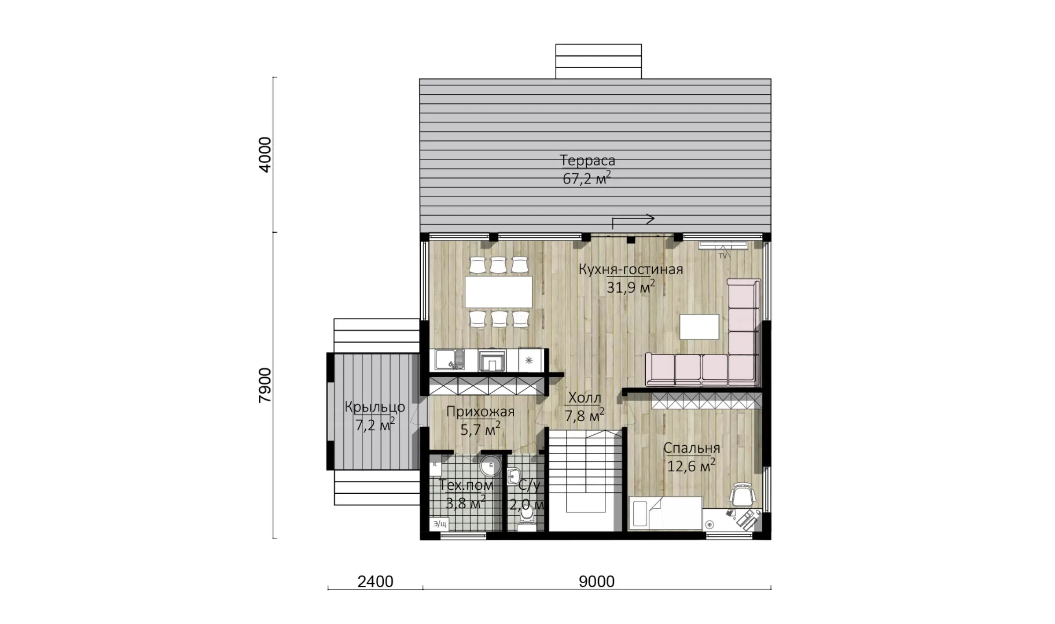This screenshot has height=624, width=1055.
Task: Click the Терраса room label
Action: point(587,161)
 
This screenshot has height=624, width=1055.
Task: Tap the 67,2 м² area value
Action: point(587,178)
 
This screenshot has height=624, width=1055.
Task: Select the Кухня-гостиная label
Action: point(631,269)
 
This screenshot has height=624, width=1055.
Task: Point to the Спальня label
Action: point(691,448)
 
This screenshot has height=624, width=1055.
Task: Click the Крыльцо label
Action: point(375,407)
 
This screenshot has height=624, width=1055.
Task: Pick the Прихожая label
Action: point(480,411)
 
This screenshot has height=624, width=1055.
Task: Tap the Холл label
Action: point(584,398)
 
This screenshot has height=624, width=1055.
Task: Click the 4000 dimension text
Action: point(265,154)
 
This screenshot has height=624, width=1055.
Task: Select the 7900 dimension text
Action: point(265,385)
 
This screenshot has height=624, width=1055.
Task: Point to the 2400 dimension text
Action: point(375,582)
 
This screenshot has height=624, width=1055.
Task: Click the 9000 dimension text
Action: point(596,582)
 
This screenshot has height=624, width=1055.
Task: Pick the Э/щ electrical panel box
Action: point(439,524)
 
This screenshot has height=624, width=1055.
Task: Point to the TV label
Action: point(723,256)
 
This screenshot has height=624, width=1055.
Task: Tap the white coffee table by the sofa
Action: point(699,327)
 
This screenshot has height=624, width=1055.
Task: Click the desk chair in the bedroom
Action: point(743,495)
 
